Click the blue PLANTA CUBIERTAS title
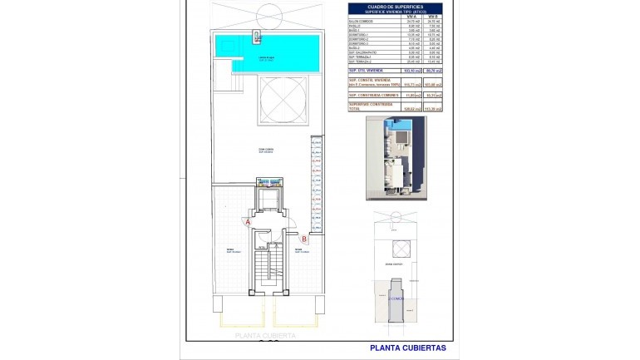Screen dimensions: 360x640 (407, 348)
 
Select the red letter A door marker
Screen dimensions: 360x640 (247, 222)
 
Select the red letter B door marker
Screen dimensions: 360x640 (304, 239)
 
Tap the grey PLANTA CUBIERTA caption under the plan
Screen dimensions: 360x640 (265, 336)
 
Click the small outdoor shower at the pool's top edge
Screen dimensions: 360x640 (258, 37)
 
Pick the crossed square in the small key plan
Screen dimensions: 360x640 (403, 248)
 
